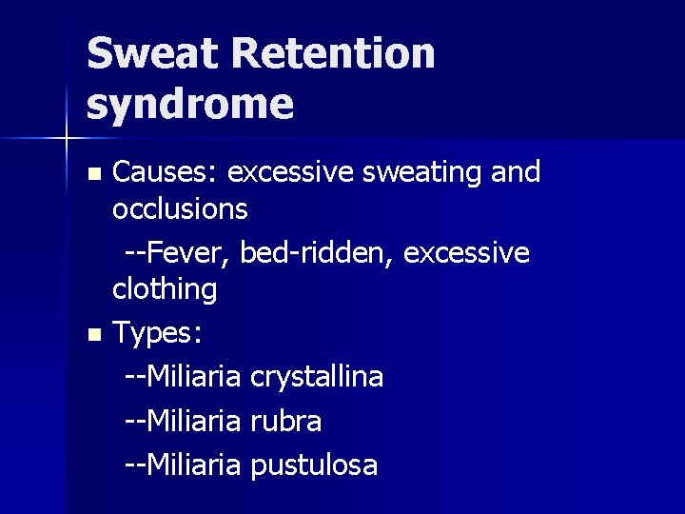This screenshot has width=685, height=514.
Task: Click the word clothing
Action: click(165, 288)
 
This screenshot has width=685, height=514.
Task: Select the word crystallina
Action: click(317, 377)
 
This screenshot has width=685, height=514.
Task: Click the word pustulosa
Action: click(314, 465)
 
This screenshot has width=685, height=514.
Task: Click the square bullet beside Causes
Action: click(92, 174)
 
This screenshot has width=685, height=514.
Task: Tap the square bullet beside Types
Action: click(92, 335)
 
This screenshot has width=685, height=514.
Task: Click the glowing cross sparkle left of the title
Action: click(66, 139)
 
